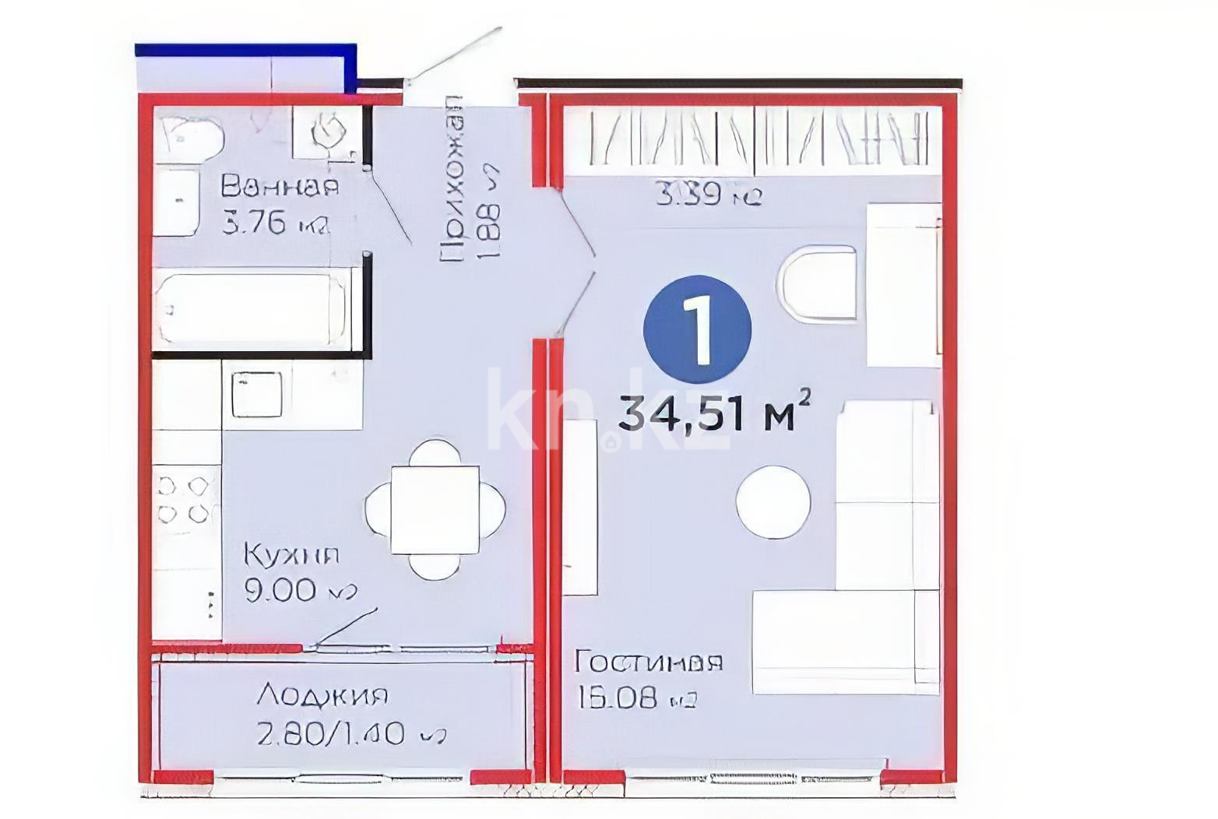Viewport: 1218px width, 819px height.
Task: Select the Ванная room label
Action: [280, 187]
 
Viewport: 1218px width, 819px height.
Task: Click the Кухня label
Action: [292, 555]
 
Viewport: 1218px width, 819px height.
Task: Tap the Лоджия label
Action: [322, 694]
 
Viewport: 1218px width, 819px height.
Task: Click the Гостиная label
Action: [648, 662]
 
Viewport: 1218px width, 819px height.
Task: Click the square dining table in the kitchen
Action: [435, 510]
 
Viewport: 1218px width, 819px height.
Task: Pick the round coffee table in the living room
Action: [773, 502]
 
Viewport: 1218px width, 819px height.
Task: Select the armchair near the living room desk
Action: [818, 283]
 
